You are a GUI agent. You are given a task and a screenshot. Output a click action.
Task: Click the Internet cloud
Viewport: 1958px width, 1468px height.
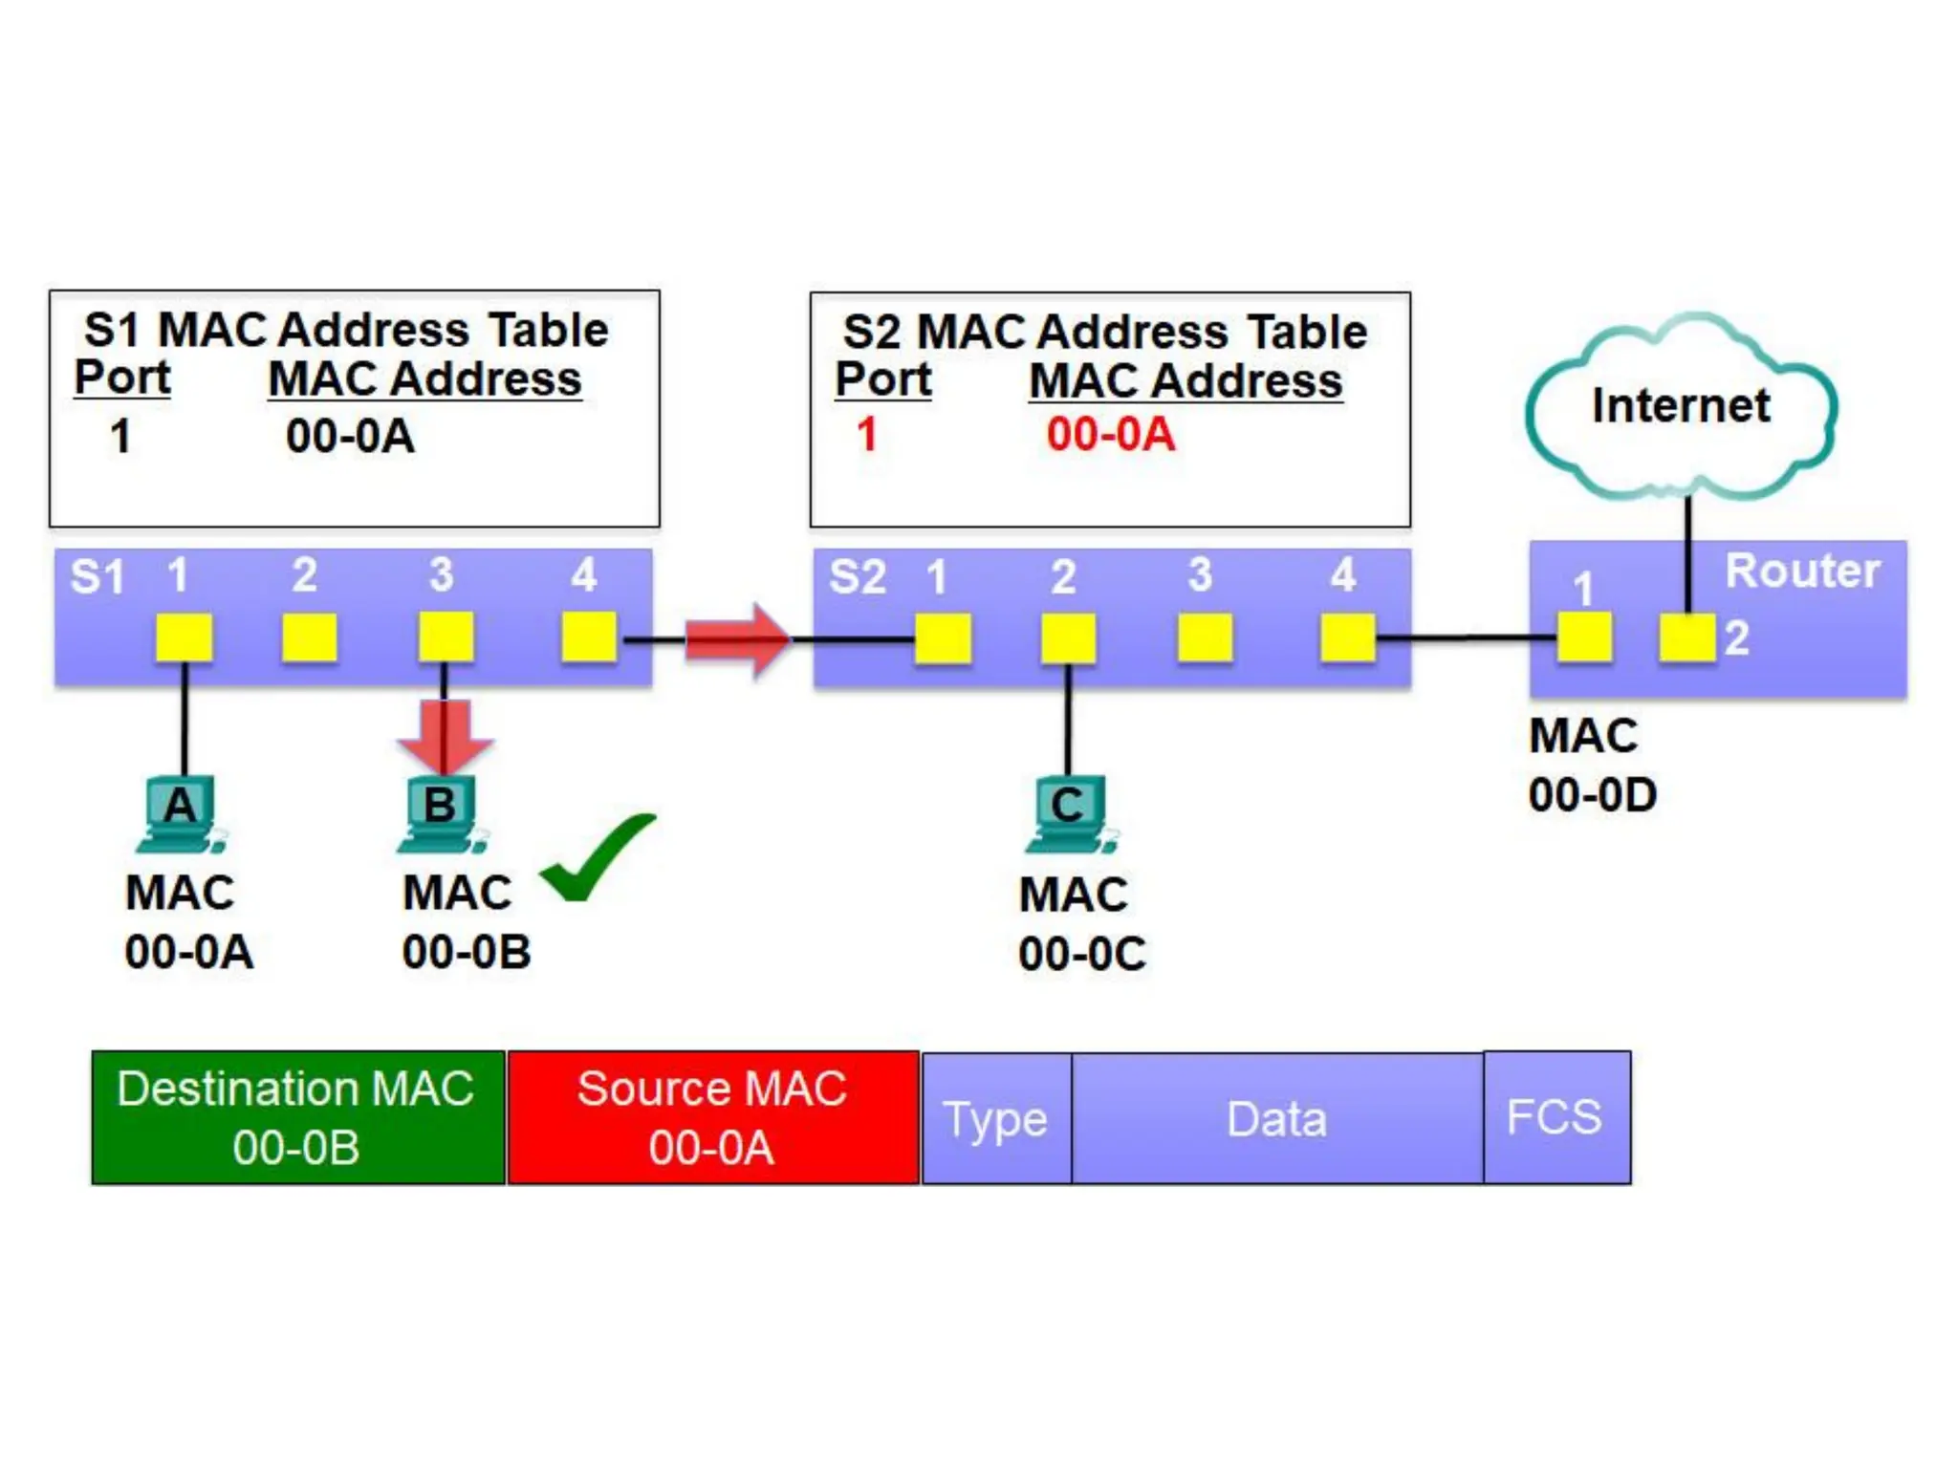pos(1681,406)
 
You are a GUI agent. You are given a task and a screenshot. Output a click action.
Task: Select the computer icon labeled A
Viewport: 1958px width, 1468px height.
pos(181,813)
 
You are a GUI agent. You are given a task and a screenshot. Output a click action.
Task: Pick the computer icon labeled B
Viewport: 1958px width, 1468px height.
pos(441,813)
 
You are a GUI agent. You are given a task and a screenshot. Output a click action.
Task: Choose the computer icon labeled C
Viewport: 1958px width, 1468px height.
pos(1069,813)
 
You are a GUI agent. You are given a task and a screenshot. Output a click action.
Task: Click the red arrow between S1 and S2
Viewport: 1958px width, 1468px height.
pos(737,639)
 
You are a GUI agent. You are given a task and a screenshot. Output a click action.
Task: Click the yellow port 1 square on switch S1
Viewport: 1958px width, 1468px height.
pos(185,637)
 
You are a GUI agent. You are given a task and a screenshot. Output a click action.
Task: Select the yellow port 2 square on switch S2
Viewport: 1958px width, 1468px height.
pos(1068,637)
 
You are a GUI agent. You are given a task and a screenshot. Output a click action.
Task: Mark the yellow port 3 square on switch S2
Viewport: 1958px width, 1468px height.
pos(1205,637)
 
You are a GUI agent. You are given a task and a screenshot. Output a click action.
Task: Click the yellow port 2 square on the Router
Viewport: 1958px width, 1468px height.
pos(1687,637)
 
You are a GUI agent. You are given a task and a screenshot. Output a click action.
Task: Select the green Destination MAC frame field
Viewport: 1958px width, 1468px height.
pos(297,1117)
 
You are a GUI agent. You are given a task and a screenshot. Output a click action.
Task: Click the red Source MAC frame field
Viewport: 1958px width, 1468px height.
pos(712,1117)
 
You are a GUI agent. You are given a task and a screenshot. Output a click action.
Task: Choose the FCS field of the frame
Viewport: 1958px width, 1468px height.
pos(1556,1117)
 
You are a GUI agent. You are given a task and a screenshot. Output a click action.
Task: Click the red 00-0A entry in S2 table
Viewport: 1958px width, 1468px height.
pos(1110,435)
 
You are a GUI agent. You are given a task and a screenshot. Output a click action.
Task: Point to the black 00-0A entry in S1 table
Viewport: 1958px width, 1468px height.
pos(350,437)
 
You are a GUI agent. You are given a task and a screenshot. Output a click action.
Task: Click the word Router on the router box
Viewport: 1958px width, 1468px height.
pos(1802,572)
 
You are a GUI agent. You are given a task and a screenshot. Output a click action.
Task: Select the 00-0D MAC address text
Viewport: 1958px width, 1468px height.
pos(1593,795)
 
